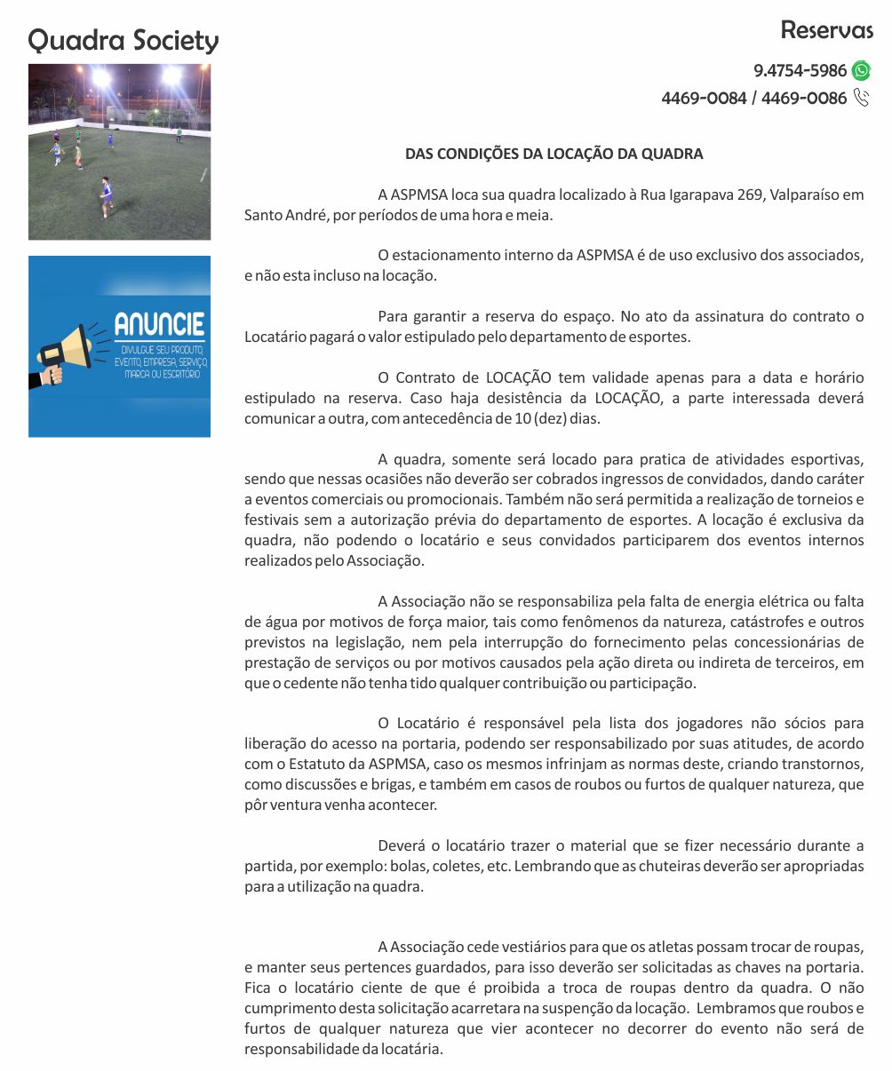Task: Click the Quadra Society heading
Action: coord(123,41)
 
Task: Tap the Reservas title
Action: coord(826,30)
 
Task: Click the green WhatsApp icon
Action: coord(861,71)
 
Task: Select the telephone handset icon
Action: coord(861,98)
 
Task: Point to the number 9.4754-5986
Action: coord(800,71)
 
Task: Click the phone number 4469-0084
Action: coord(704,99)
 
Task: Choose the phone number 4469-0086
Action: coord(804,99)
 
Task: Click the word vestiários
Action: coord(550,947)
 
